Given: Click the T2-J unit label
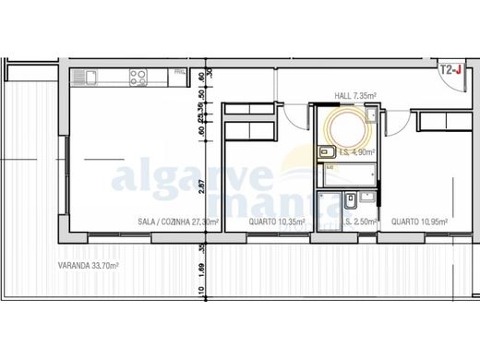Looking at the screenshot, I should (x=450, y=69).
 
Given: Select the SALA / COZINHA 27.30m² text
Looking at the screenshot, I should (x=164, y=222).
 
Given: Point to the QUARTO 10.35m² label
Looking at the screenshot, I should (x=278, y=222).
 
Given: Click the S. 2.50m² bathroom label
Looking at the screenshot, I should (x=358, y=222).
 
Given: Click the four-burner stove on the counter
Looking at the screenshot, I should (x=138, y=77).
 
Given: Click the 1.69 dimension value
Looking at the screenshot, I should (x=201, y=271).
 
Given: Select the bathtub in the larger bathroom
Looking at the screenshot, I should (x=343, y=175).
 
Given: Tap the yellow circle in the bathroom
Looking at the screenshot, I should (x=343, y=129).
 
